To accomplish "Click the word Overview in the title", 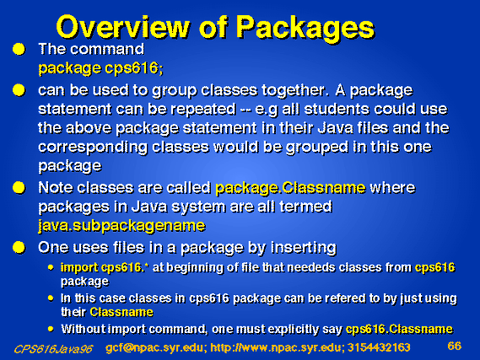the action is click(123, 27).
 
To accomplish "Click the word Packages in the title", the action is click(305, 28).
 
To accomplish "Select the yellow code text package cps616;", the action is click(100, 68).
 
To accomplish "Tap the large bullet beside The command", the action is click(19, 49).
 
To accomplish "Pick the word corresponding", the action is click(93, 148).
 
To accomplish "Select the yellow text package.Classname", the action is click(290, 188).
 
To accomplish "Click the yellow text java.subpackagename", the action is click(121, 226).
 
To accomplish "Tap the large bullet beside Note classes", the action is click(19, 187).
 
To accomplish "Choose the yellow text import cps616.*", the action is click(104, 267).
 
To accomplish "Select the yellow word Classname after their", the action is click(121, 312).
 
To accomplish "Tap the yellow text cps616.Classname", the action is click(399, 329).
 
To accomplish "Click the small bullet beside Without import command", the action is click(51, 329).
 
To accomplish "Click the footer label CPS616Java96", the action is click(53, 349).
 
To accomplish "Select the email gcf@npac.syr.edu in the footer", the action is click(154, 347).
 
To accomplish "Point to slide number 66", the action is click(455, 346).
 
